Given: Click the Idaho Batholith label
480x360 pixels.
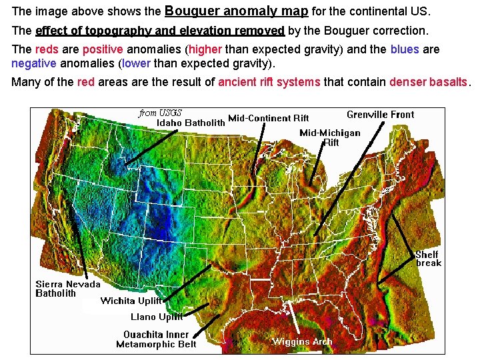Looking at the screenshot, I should pyautogui.click(x=191, y=123).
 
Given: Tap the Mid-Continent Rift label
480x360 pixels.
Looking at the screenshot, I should pyautogui.click(x=269, y=119).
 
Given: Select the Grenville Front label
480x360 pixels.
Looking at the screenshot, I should pyautogui.click(x=380, y=115).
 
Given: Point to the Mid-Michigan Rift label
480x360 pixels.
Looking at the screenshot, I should pyautogui.click(x=330, y=137).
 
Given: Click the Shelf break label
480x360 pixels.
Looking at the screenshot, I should pyautogui.click(x=427, y=259).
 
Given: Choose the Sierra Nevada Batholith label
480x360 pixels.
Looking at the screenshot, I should pyautogui.click(x=68, y=289).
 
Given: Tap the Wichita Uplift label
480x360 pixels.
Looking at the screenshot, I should pyautogui.click(x=131, y=301).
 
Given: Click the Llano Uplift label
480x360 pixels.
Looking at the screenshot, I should pyautogui.click(x=157, y=317).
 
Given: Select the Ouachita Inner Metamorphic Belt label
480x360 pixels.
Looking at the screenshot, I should pyautogui.click(x=156, y=339).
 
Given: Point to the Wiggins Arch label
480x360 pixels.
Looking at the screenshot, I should pyautogui.click(x=301, y=341).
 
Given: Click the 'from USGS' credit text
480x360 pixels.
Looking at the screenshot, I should pyautogui.click(x=161, y=113).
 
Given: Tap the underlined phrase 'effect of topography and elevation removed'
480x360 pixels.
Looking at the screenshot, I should pyautogui.click(x=160, y=31).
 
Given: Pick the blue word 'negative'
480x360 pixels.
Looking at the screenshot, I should pyautogui.click(x=34, y=64).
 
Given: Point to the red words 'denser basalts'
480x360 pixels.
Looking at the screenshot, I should pyautogui.click(x=430, y=83).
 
